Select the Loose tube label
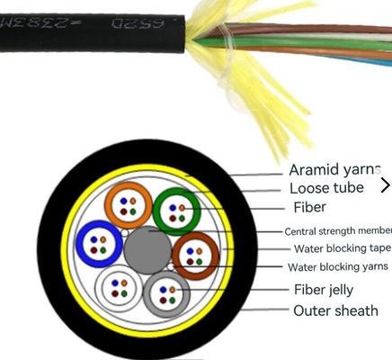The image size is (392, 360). pos(326,188)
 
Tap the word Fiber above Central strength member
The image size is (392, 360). pos(308,207)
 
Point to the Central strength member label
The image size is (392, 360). pos(337,230)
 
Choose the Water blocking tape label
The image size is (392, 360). pos(341,248)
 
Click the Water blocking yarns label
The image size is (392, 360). pos(337,266)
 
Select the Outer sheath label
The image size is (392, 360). pos(335,311)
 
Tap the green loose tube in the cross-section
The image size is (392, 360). pos(175,211)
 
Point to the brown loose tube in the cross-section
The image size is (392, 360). pos(195,256)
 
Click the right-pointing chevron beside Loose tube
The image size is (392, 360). pos(385,185)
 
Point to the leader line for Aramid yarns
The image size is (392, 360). pos(256,173)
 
